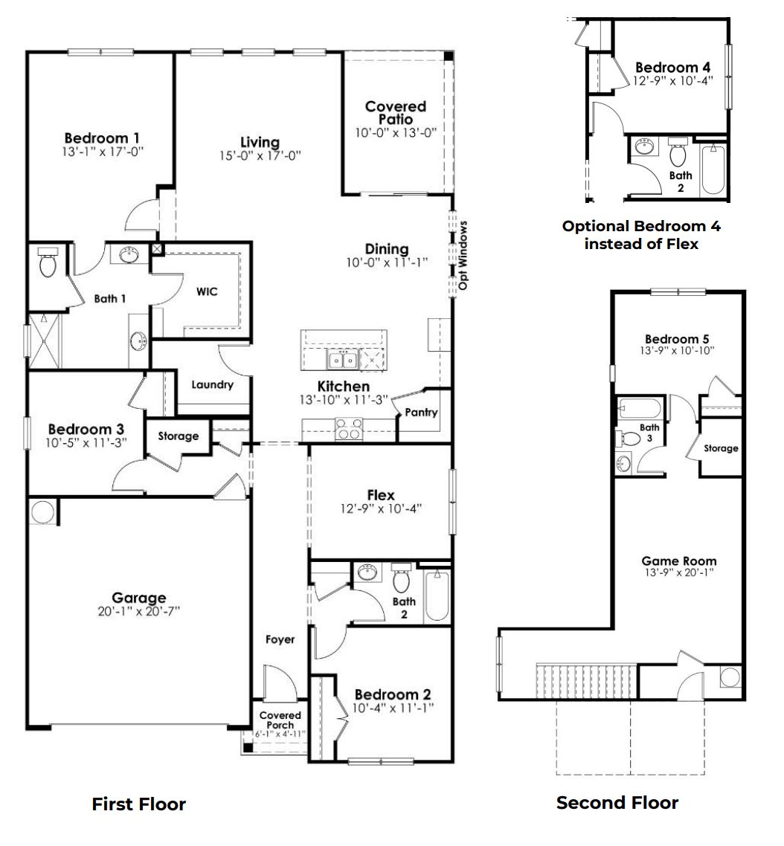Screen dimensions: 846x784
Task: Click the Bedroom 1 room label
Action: tap(102, 138)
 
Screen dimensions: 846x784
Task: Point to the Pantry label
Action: tap(422, 413)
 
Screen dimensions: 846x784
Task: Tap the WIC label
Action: tap(207, 292)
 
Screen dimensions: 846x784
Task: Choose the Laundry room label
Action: tap(212, 385)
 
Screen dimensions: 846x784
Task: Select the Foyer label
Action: tap(280, 639)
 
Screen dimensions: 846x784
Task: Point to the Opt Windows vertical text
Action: tap(463, 255)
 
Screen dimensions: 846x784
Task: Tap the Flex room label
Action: tap(381, 496)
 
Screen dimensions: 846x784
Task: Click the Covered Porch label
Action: tap(280, 720)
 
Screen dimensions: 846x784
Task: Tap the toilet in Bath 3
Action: tap(631, 439)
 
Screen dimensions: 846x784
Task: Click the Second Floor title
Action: tap(617, 803)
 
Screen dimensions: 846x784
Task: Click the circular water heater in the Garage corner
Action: tap(43, 512)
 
